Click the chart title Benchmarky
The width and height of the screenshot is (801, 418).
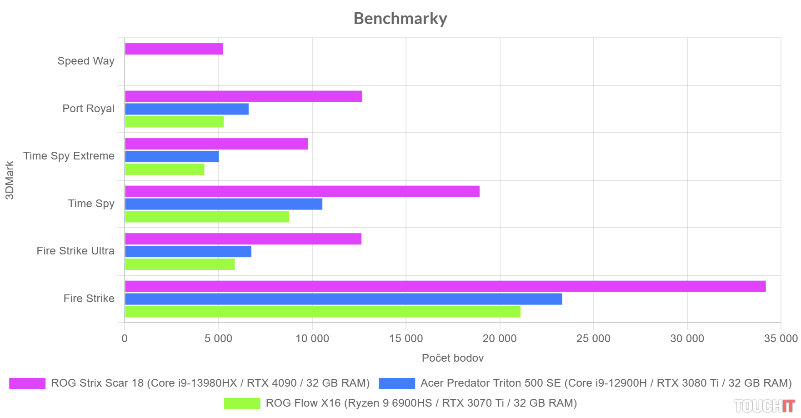click(400, 19)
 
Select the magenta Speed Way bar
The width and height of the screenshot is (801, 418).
click(174, 49)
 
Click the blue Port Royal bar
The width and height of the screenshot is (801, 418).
click(186, 109)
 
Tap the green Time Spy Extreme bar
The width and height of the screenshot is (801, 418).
click(165, 169)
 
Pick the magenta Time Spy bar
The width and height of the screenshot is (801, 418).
click(302, 191)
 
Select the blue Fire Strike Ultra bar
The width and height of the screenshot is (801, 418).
click(188, 252)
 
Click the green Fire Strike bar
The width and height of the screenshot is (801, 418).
click(322, 312)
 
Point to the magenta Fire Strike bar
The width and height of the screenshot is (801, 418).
click(445, 286)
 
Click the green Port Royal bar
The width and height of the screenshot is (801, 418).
click(174, 122)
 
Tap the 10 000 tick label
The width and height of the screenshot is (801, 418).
click(312, 338)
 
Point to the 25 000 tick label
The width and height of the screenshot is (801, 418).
click(593, 338)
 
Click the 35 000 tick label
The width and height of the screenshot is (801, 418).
click(781, 338)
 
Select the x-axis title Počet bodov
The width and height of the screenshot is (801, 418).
click(452, 358)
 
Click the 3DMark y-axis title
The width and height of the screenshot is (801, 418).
click(10, 180)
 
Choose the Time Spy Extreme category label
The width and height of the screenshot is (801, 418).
click(69, 156)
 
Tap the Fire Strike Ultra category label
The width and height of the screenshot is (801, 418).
click(75, 251)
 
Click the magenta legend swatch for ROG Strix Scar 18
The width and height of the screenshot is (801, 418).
click(27, 383)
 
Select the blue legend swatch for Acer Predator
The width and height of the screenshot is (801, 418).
click(396, 383)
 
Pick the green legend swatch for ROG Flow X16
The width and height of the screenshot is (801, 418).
click(242, 403)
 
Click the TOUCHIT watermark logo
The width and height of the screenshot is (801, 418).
click(764, 406)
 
